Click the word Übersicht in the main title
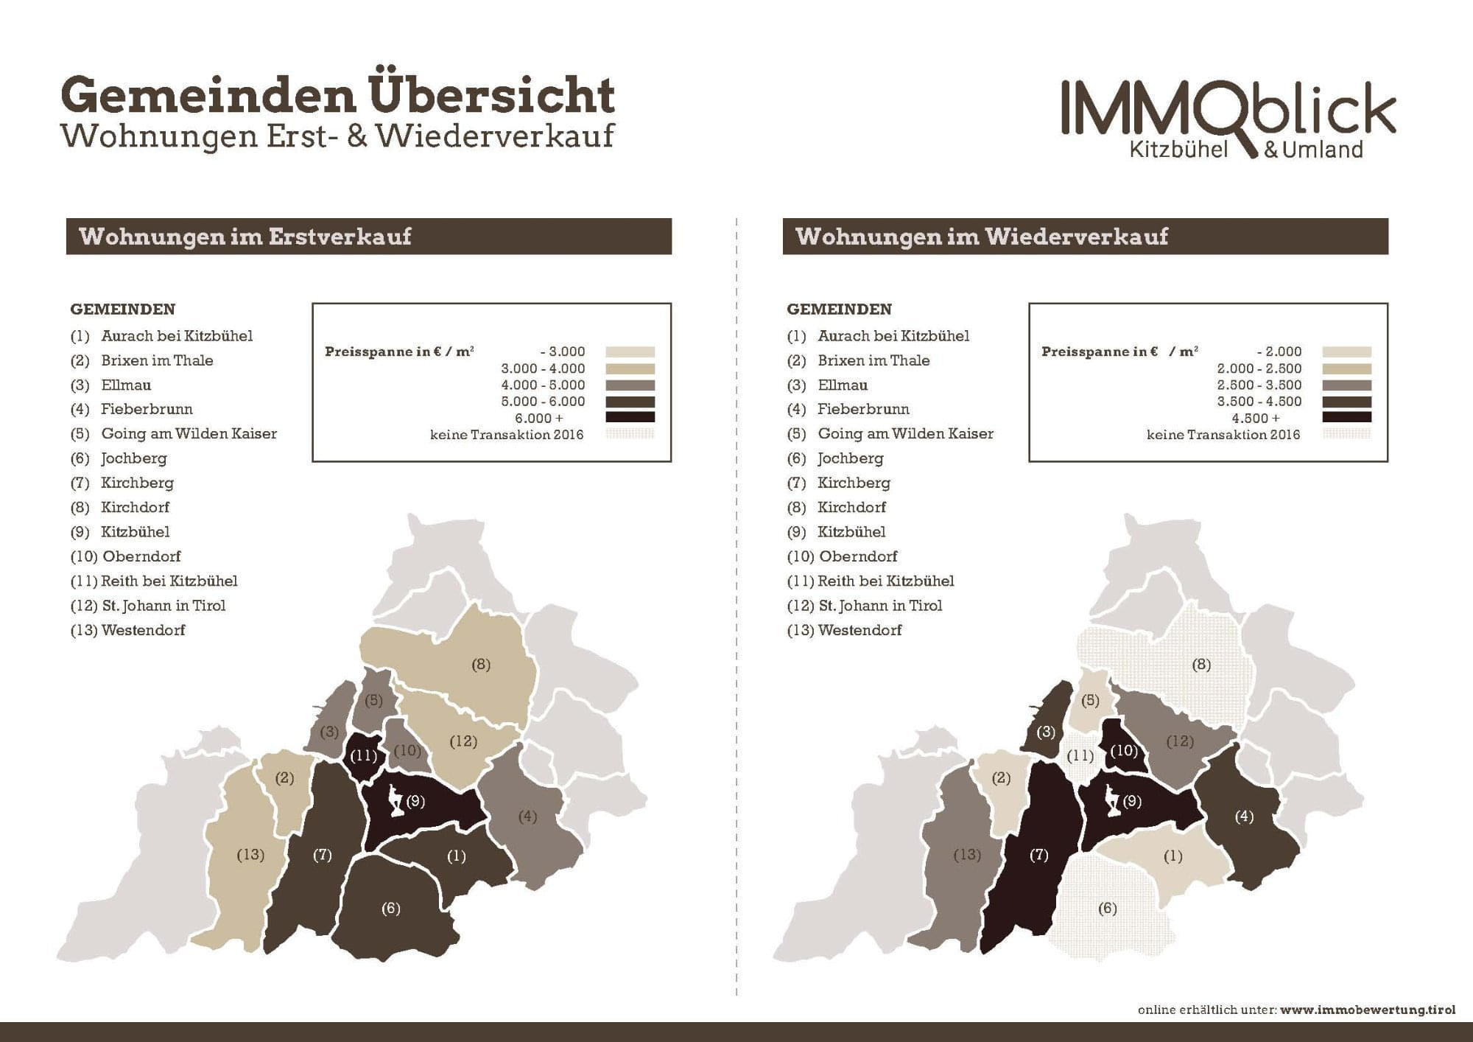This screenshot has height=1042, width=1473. [491, 96]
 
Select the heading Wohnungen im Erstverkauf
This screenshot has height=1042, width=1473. [245, 237]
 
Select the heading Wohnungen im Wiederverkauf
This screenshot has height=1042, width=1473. [982, 237]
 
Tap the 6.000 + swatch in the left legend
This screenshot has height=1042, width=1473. [630, 418]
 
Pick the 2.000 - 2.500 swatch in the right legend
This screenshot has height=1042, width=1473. [1346, 368]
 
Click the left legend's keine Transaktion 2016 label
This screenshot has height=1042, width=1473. [507, 435]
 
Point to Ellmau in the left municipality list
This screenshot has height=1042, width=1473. [126, 385]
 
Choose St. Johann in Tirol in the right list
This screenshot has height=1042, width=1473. [880, 606]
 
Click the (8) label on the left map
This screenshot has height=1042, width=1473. [481, 665]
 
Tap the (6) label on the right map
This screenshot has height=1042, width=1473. [1108, 908]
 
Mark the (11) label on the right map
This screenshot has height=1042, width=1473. [1080, 755]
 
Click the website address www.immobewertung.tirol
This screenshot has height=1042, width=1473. [1368, 1010]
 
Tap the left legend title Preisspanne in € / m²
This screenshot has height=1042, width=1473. [399, 352]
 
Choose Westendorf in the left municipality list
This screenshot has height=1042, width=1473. [143, 630]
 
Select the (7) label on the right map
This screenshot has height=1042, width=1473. [1038, 855]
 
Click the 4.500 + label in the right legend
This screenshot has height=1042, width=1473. [1256, 418]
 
